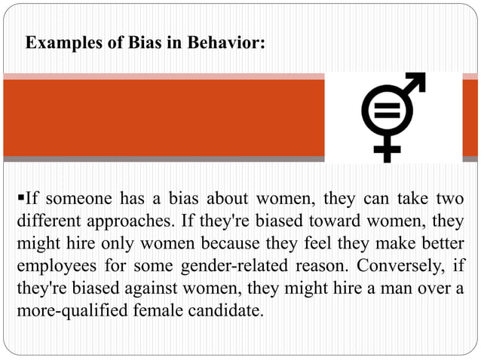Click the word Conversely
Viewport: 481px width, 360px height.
pos(392,267)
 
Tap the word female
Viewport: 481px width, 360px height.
pos(159,311)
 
